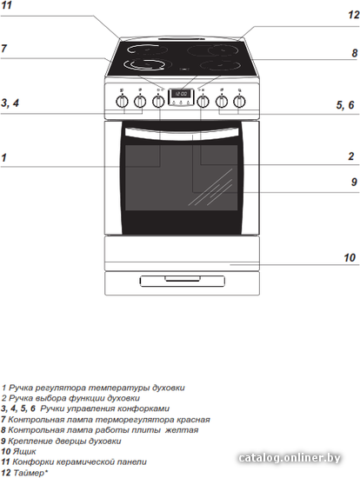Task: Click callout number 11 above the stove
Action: point(6,5)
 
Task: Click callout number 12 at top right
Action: point(354,15)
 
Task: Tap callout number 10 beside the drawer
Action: point(350,258)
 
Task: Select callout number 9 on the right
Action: point(354,182)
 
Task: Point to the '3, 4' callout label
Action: point(10,103)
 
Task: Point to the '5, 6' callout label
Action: point(345,105)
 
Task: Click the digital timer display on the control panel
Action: point(181,94)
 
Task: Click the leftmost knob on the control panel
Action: point(122,101)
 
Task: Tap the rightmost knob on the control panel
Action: point(239,101)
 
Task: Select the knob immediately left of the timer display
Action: point(158,101)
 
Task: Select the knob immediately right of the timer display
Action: point(203,101)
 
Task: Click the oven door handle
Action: point(182,135)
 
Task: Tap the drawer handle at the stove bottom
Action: point(183,281)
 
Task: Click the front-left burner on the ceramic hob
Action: point(144,64)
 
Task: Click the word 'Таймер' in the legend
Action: point(29,473)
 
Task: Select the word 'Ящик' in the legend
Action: point(24,451)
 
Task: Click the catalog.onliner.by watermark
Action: point(290,457)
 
